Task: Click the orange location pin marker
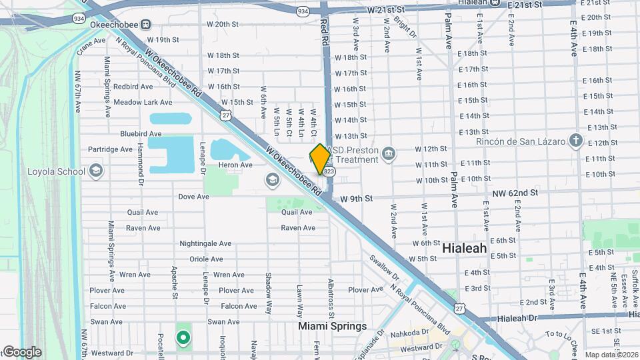tap(320, 159)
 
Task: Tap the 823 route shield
tap(329, 172)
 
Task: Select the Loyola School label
tap(56, 171)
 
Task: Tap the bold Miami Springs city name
tap(333, 326)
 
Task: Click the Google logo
tap(21, 352)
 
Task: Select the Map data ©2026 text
tap(611, 355)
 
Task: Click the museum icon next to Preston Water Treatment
tap(389, 156)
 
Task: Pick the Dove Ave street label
tap(194, 197)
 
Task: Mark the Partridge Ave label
tap(111, 149)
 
